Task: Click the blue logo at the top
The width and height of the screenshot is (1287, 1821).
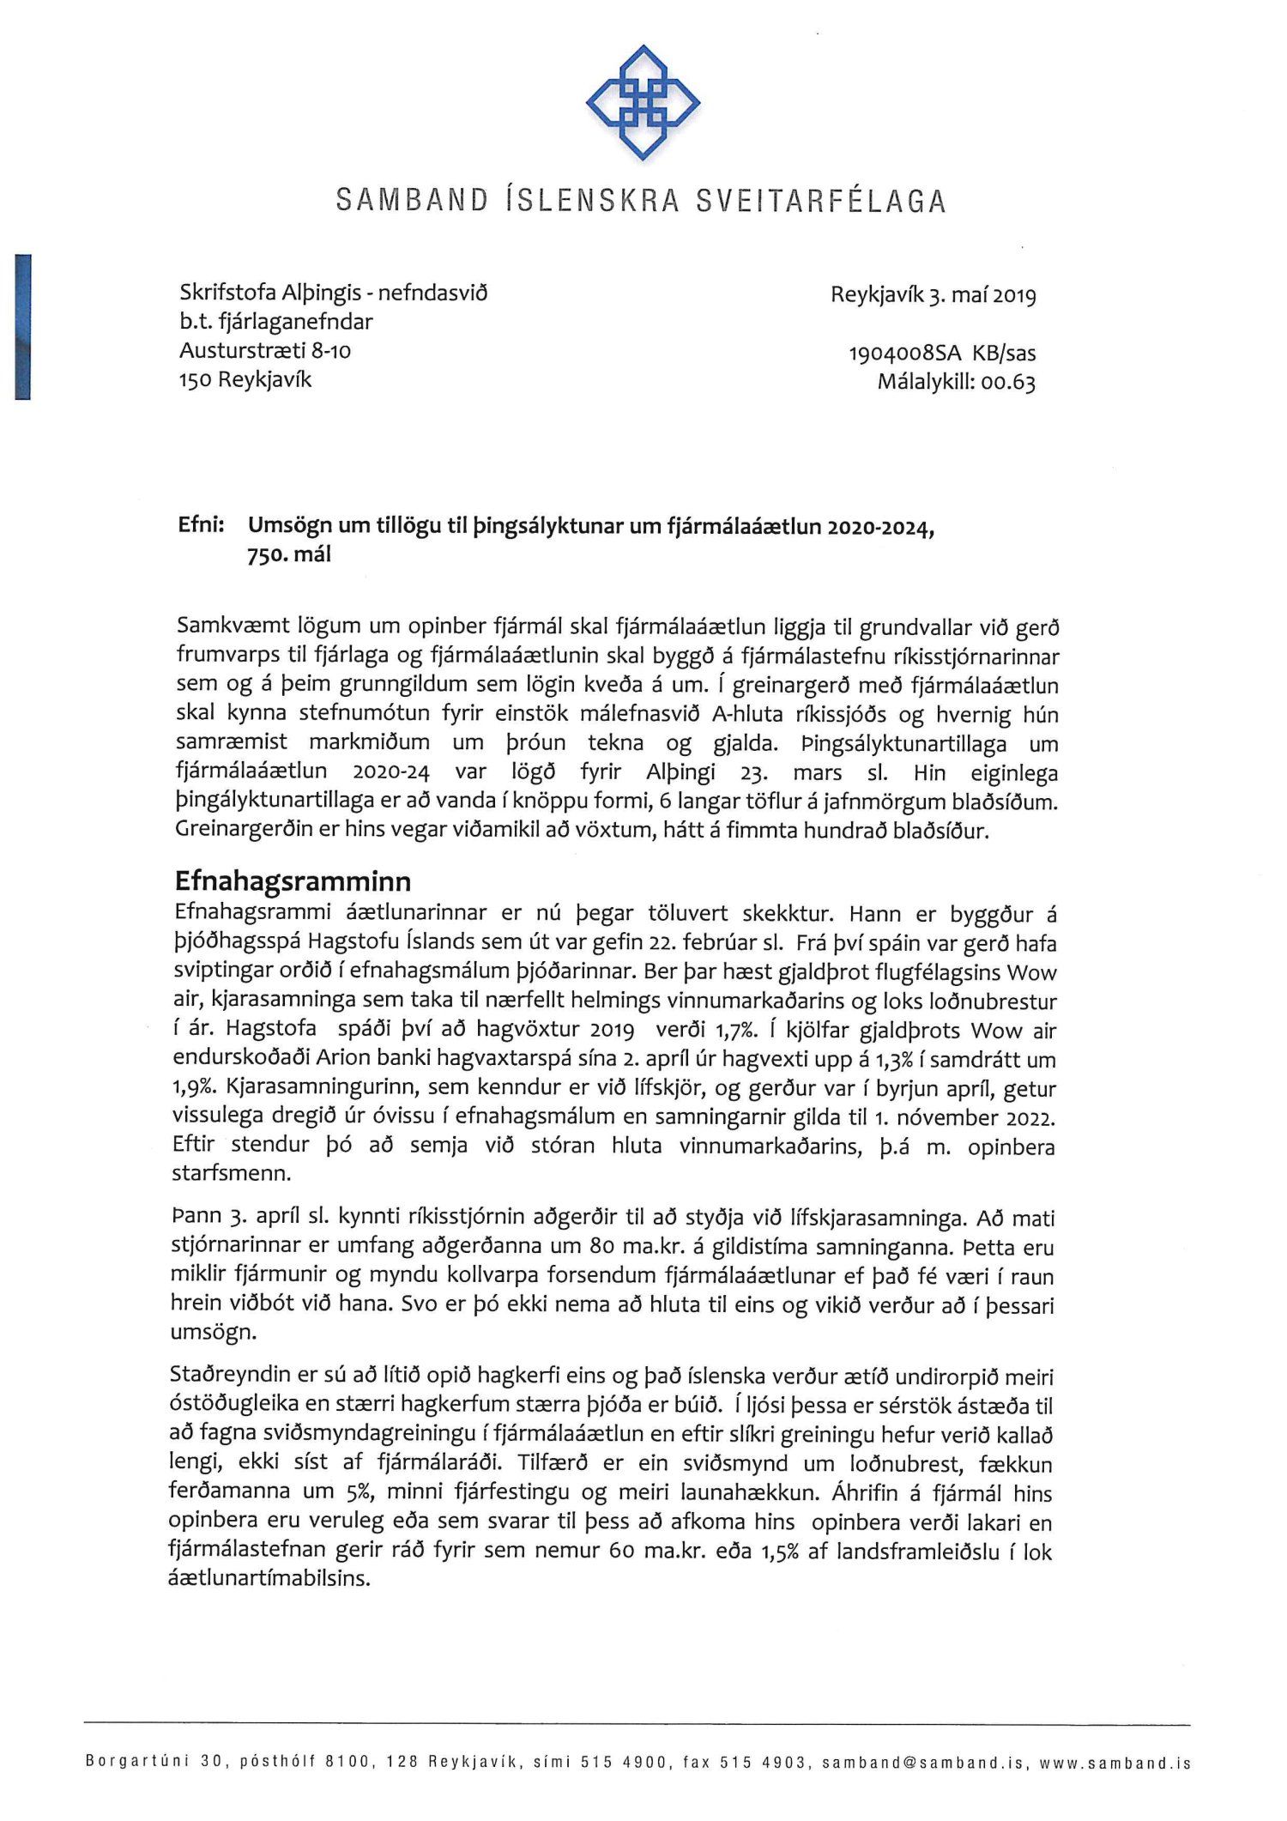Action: (x=643, y=102)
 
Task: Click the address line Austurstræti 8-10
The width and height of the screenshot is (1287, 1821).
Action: (x=265, y=350)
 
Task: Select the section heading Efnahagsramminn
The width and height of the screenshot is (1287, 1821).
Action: (x=293, y=881)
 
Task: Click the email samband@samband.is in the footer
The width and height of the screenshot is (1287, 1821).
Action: (x=922, y=1763)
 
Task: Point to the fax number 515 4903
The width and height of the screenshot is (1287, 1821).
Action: (x=770, y=1763)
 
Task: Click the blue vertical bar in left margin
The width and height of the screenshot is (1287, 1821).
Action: (x=23, y=326)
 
